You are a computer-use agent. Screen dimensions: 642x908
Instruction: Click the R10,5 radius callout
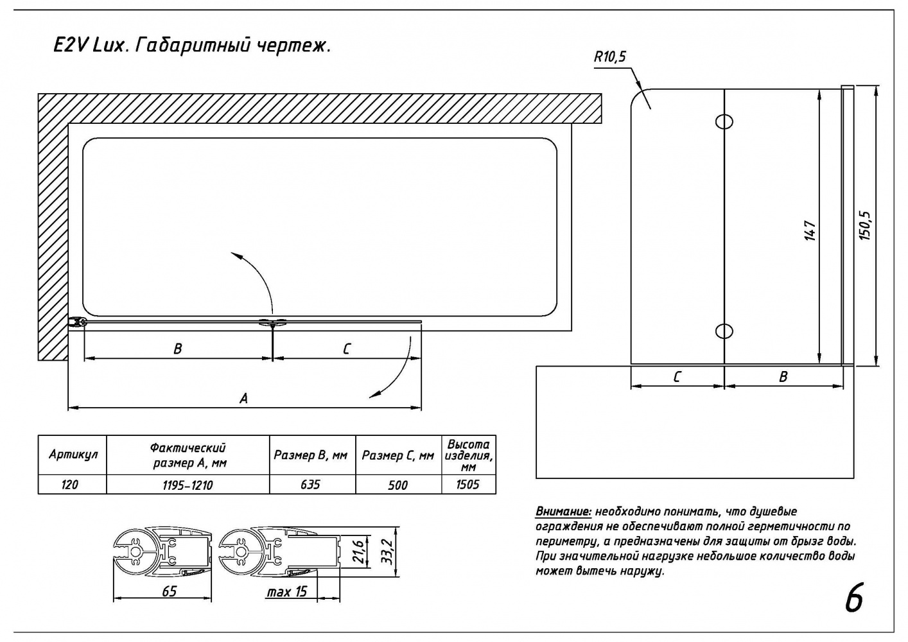pyautogui.click(x=609, y=57)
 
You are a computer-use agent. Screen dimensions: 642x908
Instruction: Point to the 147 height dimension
pyautogui.click(x=810, y=231)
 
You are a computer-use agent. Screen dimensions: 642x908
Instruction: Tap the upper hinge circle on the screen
pyautogui.click(x=724, y=121)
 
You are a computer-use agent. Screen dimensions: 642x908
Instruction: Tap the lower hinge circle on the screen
pyautogui.click(x=724, y=331)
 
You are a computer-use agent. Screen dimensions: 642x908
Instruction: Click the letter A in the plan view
pyautogui.click(x=243, y=399)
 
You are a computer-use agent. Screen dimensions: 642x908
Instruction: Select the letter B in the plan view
pyautogui.click(x=178, y=349)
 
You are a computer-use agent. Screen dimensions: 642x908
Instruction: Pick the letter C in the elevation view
pyautogui.click(x=677, y=377)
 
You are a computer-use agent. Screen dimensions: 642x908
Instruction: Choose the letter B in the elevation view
pyautogui.click(x=783, y=377)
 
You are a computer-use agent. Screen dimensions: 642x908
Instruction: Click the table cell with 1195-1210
pyautogui.click(x=188, y=485)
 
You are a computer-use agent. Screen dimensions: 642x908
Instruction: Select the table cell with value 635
pyautogui.click(x=310, y=484)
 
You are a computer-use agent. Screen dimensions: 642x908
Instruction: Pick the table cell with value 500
pyautogui.click(x=397, y=485)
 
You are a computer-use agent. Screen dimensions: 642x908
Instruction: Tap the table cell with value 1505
pyautogui.click(x=467, y=484)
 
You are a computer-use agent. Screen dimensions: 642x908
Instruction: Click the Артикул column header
pyautogui.click(x=73, y=455)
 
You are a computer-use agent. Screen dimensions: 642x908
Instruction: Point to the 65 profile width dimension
pyautogui.click(x=169, y=591)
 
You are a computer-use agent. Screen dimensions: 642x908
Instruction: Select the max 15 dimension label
pyautogui.click(x=286, y=591)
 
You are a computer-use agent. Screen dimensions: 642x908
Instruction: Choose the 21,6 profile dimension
pyautogui.click(x=360, y=550)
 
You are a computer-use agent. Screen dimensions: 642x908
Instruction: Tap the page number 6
pyautogui.click(x=853, y=599)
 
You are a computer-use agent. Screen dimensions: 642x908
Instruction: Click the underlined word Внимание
pyautogui.click(x=563, y=512)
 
